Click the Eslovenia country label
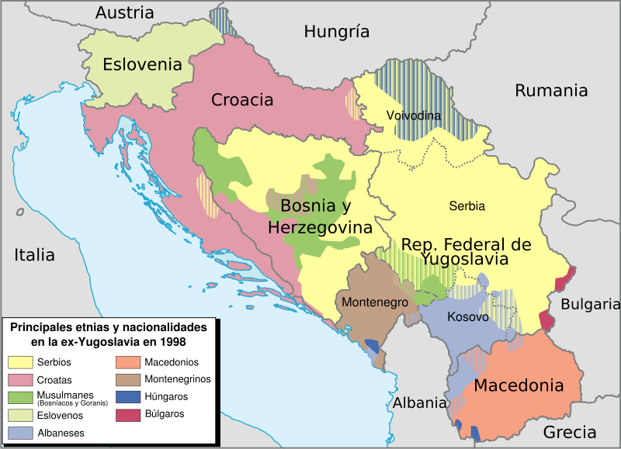tap(142, 64)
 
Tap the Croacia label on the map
tap(242, 100)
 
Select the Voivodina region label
tap(413, 116)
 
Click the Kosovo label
tap(467, 317)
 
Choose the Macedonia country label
tap(518, 385)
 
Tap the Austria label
tap(124, 13)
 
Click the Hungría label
tap(336, 32)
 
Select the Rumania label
tap(551, 91)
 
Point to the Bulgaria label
tap(590, 304)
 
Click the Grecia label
tap(570, 432)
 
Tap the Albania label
tap(419, 402)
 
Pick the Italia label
tap(33, 254)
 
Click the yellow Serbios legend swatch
tap(20, 362)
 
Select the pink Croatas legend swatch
tap(20, 380)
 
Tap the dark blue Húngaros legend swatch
tap(127, 397)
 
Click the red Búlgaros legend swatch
tap(127, 414)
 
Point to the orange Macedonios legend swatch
tap(127, 362)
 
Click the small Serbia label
tap(467, 206)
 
